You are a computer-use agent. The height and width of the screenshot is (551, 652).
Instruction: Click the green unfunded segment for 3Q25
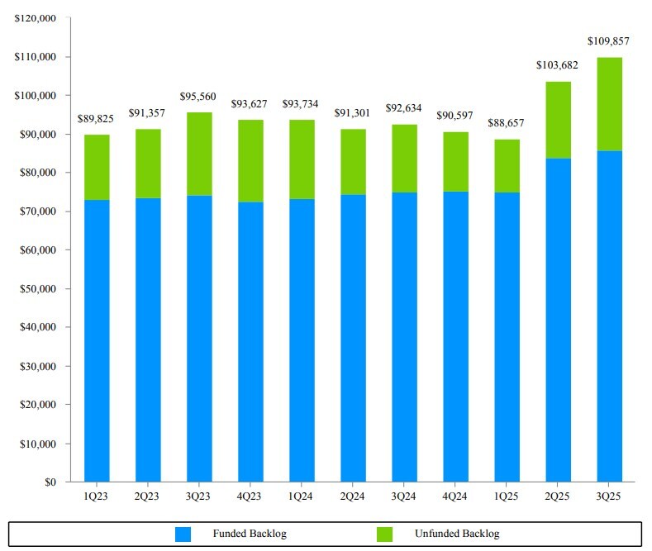click(x=609, y=104)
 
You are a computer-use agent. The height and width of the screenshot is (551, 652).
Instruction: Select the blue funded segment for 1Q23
click(x=97, y=340)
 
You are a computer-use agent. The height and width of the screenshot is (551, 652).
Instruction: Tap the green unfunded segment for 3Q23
click(x=199, y=154)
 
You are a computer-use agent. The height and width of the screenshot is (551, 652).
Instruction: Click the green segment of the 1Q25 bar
click(x=507, y=166)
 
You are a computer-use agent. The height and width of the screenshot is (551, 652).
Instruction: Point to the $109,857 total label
click(x=610, y=40)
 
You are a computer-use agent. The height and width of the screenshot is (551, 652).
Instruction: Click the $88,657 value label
click(x=507, y=123)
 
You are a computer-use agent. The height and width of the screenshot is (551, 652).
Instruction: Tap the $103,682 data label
click(x=558, y=64)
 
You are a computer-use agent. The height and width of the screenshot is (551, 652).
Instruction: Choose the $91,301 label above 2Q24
click(x=353, y=112)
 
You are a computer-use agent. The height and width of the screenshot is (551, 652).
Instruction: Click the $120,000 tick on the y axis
click(x=35, y=18)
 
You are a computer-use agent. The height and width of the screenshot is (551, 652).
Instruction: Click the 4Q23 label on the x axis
click(x=250, y=496)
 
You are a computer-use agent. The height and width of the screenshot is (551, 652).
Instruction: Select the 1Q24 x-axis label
click(x=302, y=496)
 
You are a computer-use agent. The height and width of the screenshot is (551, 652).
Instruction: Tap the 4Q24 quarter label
click(x=455, y=496)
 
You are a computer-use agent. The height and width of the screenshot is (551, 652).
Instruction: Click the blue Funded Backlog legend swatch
click(x=183, y=534)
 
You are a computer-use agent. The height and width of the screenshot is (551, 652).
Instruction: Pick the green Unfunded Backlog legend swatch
click(x=384, y=534)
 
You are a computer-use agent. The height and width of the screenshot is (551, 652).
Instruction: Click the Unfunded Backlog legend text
click(x=457, y=534)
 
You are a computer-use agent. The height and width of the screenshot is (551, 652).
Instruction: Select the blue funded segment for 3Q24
click(x=404, y=337)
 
